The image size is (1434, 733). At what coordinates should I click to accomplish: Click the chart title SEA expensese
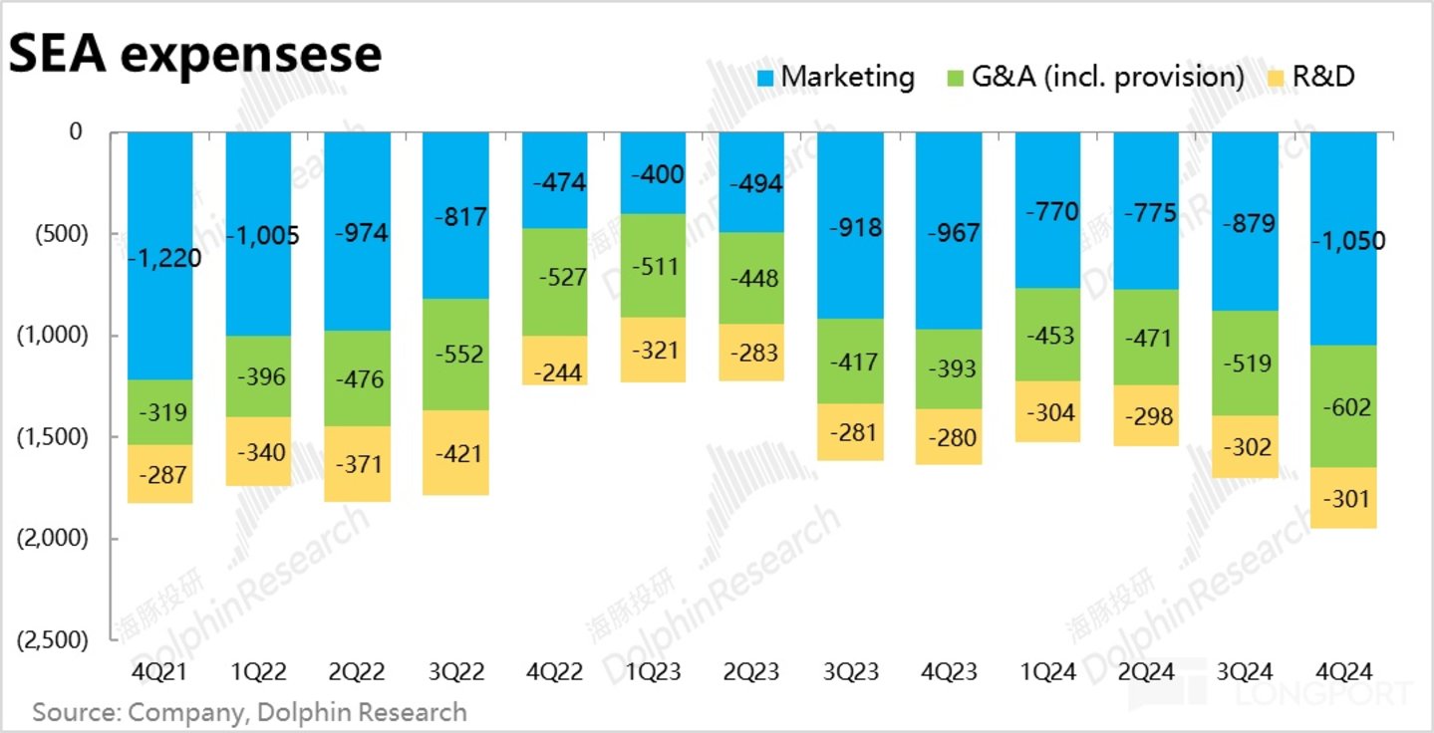pos(195,54)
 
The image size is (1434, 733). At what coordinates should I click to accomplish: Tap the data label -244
pos(554,371)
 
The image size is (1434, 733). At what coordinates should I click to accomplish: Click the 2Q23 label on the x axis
pos(751,672)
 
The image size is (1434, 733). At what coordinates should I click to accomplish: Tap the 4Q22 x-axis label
pos(554,672)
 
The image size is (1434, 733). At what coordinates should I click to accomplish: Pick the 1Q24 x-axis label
pos(1047,672)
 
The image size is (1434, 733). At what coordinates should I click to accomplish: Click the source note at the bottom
pos(249,712)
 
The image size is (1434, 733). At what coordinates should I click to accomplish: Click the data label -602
pos(1343,407)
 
